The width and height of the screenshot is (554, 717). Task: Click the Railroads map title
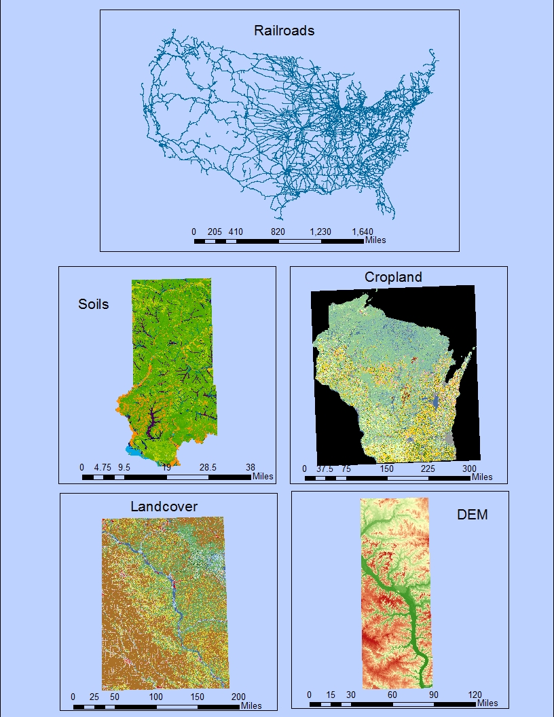point(284,31)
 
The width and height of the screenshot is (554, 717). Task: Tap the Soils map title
point(94,304)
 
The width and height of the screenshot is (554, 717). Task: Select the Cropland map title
point(393,277)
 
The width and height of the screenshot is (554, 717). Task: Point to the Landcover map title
point(164,507)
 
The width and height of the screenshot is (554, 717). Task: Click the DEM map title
point(472,514)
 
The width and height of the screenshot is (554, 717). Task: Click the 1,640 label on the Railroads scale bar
point(362,232)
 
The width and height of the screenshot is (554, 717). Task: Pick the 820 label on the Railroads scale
point(278,232)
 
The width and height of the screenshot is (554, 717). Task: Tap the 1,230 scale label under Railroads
point(320,232)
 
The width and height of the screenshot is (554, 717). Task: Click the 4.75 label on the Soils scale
point(103,467)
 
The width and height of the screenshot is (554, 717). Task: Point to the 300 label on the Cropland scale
point(469,468)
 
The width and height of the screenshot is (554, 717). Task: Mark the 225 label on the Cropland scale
point(428,468)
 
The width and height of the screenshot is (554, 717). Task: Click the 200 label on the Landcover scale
point(238,697)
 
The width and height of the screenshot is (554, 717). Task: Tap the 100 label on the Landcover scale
point(156,697)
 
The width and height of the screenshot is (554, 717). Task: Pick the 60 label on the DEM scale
point(392,695)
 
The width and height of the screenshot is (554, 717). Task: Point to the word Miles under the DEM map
point(487,703)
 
